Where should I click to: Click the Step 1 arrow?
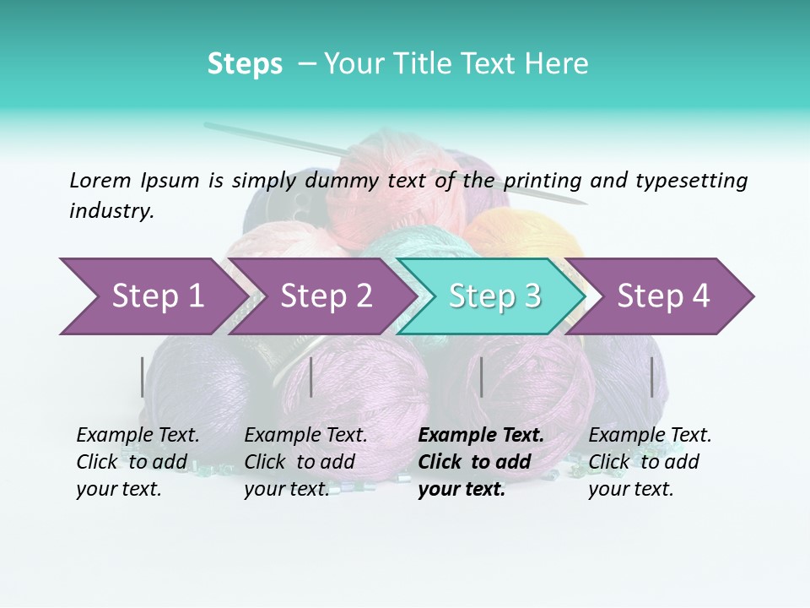pos(152,296)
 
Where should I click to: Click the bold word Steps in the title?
pos(245,64)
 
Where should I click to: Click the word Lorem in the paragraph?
pos(100,180)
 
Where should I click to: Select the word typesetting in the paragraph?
pos(691,180)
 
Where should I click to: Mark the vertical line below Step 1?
pos(143,377)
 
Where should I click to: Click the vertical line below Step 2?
pos(311,377)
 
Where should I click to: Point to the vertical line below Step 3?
pos(481,377)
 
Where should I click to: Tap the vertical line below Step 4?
pos(651,377)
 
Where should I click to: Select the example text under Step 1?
pos(138,462)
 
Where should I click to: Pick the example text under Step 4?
pos(650,462)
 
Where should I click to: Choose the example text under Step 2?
pos(305,462)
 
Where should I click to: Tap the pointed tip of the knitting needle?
pos(584,204)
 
